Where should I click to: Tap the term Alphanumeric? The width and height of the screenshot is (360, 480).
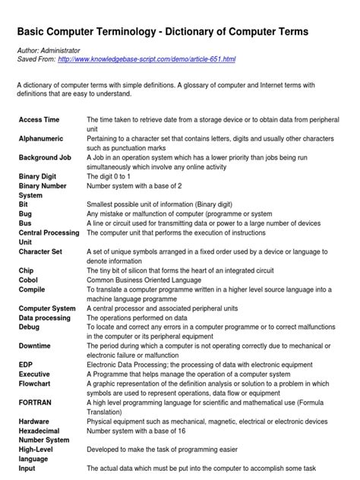click(x=43, y=140)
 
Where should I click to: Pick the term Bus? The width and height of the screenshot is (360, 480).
click(x=24, y=224)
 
